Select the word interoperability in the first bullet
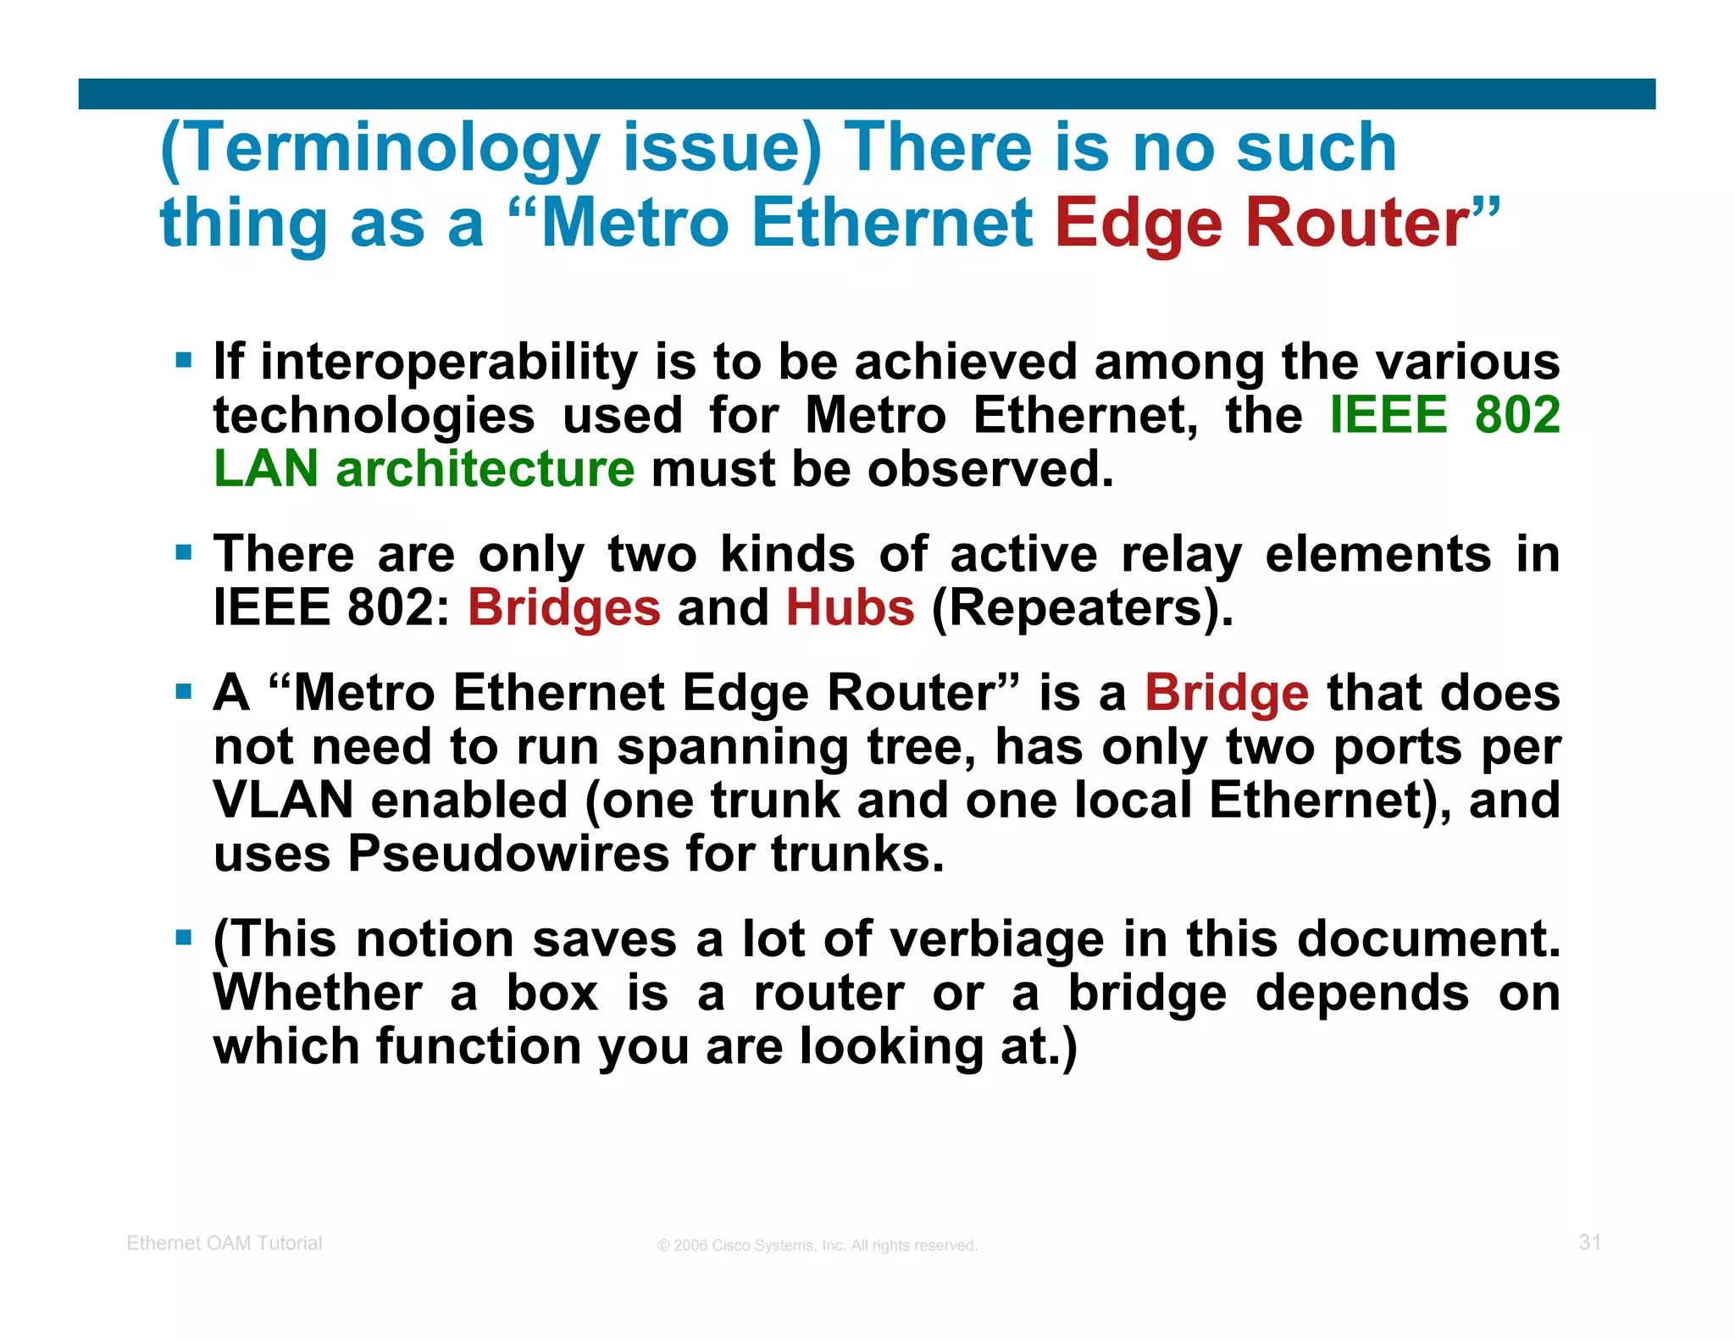pyautogui.click(x=448, y=363)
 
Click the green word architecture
pyautogui.click(x=485, y=469)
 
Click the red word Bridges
pyautogui.click(x=564, y=608)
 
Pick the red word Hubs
pyautogui.click(x=851, y=608)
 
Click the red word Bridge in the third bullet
pyautogui.click(x=1227, y=693)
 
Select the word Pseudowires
pyautogui.click(x=508, y=854)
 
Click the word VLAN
pyautogui.click(x=283, y=800)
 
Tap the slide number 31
pyautogui.click(x=1589, y=1243)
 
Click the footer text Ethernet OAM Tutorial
pyautogui.click(x=224, y=1243)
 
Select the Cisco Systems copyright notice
pyautogui.click(x=818, y=1246)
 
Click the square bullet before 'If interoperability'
pyautogui.click(x=184, y=361)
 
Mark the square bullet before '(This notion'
pyautogui.click(x=184, y=938)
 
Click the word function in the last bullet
pyautogui.click(x=479, y=1047)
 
